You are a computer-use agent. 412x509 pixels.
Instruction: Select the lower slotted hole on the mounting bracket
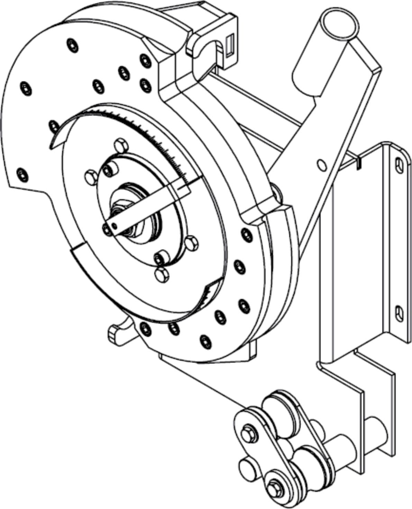click(x=399, y=313)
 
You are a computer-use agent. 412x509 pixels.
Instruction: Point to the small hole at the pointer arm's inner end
click(x=114, y=226)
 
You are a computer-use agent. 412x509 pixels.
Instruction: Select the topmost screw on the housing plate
click(x=73, y=45)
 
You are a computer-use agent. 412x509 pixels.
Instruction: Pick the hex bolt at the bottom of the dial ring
click(x=162, y=274)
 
